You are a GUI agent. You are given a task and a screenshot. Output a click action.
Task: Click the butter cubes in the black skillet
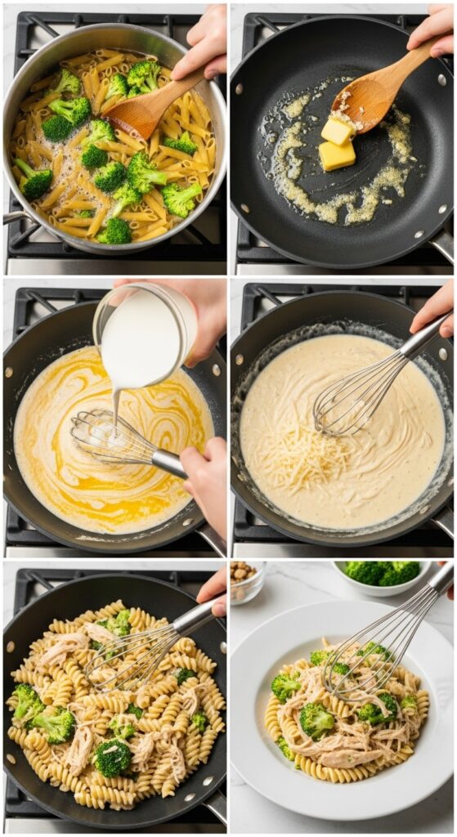pyautogui.click(x=337, y=143)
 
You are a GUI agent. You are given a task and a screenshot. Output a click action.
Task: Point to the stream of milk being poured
pyautogui.click(x=117, y=405)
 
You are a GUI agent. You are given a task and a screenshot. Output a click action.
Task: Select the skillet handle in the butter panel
pyautogui.click(x=442, y=245)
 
